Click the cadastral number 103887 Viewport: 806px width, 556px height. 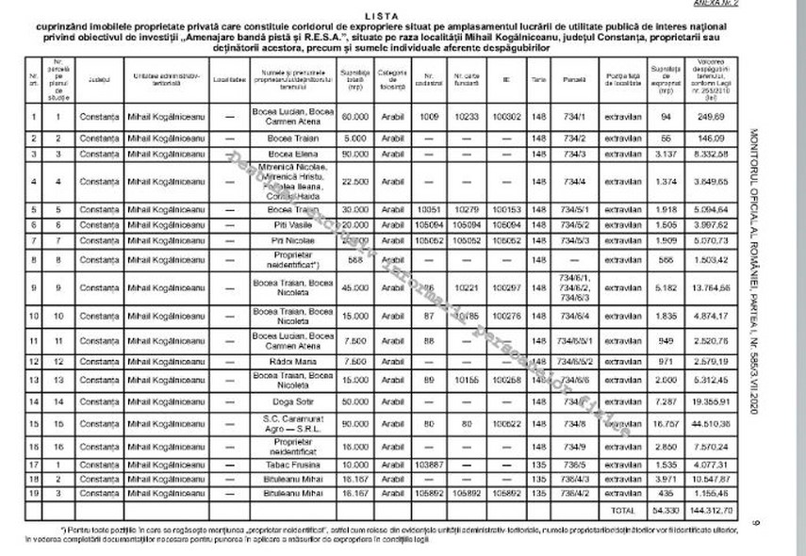point(429,465)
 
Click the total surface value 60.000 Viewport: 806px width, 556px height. point(354,117)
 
